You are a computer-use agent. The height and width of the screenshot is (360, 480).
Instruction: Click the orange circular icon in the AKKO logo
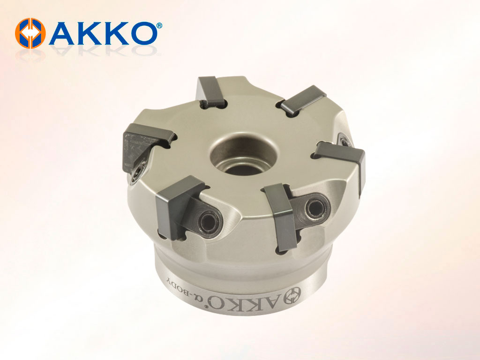(30, 33)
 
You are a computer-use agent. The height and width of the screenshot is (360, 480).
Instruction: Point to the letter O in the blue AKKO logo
(142, 33)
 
